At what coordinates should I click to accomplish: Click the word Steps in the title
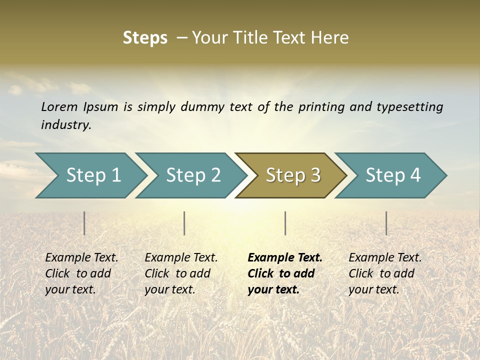tap(145, 37)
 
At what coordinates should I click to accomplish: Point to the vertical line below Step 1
tap(84, 223)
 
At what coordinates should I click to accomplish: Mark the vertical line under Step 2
tap(184, 223)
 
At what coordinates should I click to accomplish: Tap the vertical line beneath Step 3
tap(285, 223)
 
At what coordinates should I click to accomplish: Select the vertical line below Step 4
tap(386, 223)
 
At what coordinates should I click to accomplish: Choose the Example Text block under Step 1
tap(81, 273)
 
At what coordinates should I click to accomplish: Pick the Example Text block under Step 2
tap(181, 273)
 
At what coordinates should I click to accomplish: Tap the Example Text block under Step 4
tap(385, 273)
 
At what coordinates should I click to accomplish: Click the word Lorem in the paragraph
tap(59, 106)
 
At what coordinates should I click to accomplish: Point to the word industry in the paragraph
tap(65, 124)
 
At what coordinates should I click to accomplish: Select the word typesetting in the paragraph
tap(409, 106)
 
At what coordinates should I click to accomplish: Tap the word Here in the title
tap(329, 37)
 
